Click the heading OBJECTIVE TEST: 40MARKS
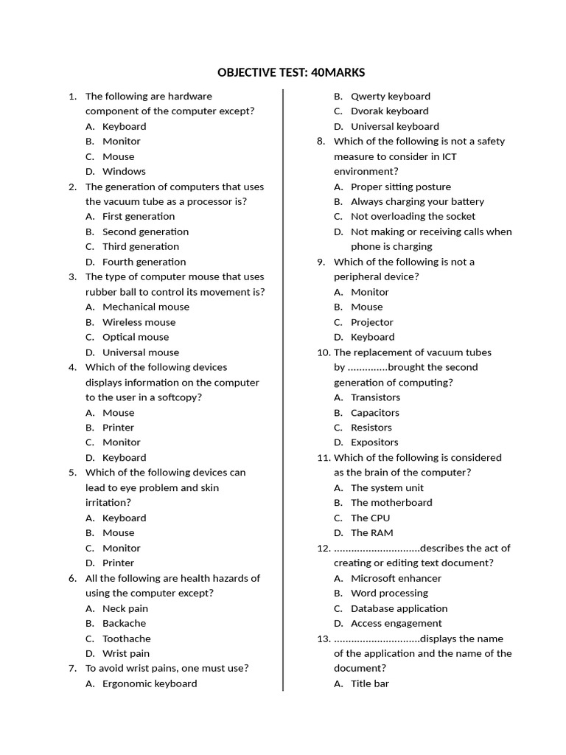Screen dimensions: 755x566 [x=291, y=72]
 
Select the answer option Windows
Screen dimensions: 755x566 [x=124, y=171]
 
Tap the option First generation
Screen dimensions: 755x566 [x=139, y=216]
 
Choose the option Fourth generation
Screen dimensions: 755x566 [x=144, y=262]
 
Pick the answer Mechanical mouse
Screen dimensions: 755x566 [x=146, y=307]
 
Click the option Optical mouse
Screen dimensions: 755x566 [x=136, y=337]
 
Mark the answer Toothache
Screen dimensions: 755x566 [x=126, y=639]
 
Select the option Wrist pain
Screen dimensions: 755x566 [x=126, y=653]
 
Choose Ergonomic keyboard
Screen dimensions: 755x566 [x=150, y=683]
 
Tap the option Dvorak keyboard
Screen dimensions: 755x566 [x=389, y=111]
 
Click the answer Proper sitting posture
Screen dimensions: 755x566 [x=401, y=187]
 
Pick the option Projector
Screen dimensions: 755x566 [x=372, y=322]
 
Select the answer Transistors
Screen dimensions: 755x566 [x=376, y=397]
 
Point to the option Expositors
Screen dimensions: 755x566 [x=374, y=442]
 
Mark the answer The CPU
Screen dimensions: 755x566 [x=371, y=518]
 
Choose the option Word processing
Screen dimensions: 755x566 [x=389, y=593]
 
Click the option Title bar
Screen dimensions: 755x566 [x=370, y=683]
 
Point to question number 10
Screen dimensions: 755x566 [x=324, y=352]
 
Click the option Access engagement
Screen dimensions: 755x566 [x=396, y=623]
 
